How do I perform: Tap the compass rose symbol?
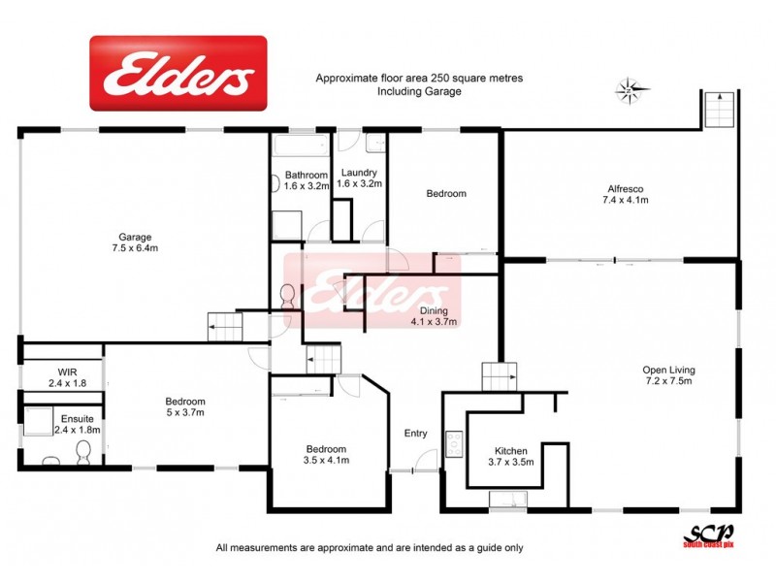[x=629, y=91]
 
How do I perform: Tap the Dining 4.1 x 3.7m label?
[x=433, y=316]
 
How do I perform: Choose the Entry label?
[x=415, y=434]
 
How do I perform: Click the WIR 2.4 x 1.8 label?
[x=67, y=377]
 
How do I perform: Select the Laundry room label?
[x=360, y=178]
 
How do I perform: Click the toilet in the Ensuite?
[x=83, y=450]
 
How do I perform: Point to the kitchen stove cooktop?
[x=452, y=444]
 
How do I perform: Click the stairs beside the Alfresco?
[x=720, y=109]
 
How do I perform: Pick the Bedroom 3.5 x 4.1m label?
[x=326, y=455]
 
